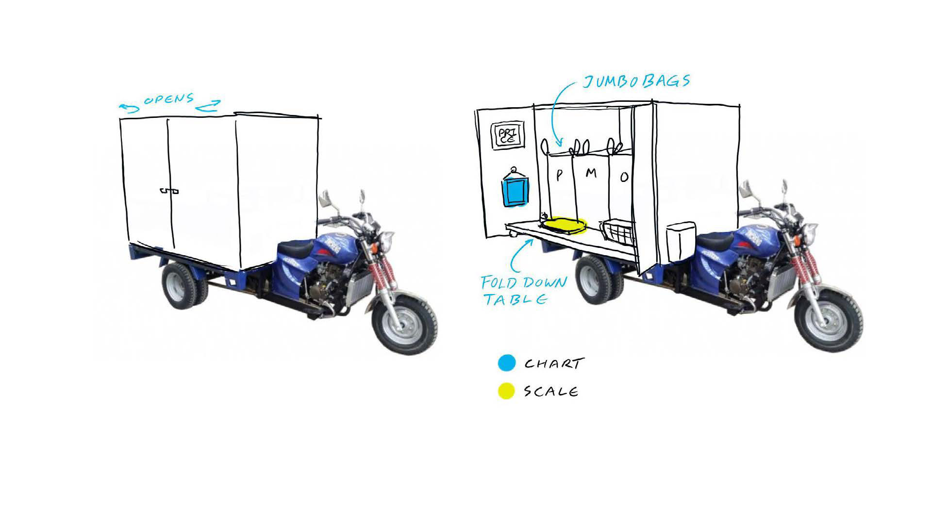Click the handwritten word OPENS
coord(169,100)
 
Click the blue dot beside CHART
coord(506,363)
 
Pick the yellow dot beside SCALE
coord(506,391)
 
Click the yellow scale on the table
coord(565,225)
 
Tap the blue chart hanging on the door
coord(515,189)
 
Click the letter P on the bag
coord(559,175)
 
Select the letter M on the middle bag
coord(590,173)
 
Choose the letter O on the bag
coord(624,177)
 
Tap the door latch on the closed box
coord(169,191)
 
